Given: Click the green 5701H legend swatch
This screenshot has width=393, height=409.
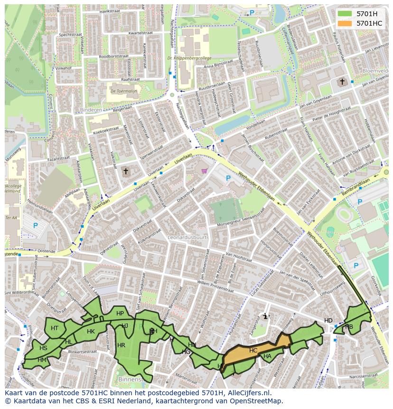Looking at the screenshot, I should pyautogui.click(x=345, y=14).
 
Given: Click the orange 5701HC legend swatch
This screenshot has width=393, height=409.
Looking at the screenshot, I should pyautogui.click(x=345, y=23).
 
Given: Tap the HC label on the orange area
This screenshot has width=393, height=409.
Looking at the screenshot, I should pyautogui.click(x=253, y=351).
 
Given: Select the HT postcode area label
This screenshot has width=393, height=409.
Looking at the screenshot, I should pyautogui.click(x=55, y=328).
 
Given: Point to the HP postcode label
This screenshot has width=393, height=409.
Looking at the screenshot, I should pyautogui.click(x=120, y=314).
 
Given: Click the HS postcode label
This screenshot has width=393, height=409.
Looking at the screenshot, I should pyautogui.click(x=43, y=348).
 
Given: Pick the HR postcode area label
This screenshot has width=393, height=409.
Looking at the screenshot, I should pyautogui.click(x=121, y=345).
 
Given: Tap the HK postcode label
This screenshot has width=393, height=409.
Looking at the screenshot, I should pyautogui.click(x=91, y=332).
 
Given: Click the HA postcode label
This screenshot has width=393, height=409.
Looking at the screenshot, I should pyautogui.click(x=267, y=356).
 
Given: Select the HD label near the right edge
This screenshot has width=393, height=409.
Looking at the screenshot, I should pyautogui.click(x=328, y=321).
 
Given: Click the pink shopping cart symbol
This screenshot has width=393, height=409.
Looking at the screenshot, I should pyautogui.click(x=204, y=171).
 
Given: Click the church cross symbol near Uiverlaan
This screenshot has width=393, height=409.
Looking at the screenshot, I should pyautogui.click(x=126, y=171).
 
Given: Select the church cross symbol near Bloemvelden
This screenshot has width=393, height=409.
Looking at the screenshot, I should pyautogui.click(x=342, y=82).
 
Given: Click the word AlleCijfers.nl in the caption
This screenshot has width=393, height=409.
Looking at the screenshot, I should pyautogui.click(x=247, y=393).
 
